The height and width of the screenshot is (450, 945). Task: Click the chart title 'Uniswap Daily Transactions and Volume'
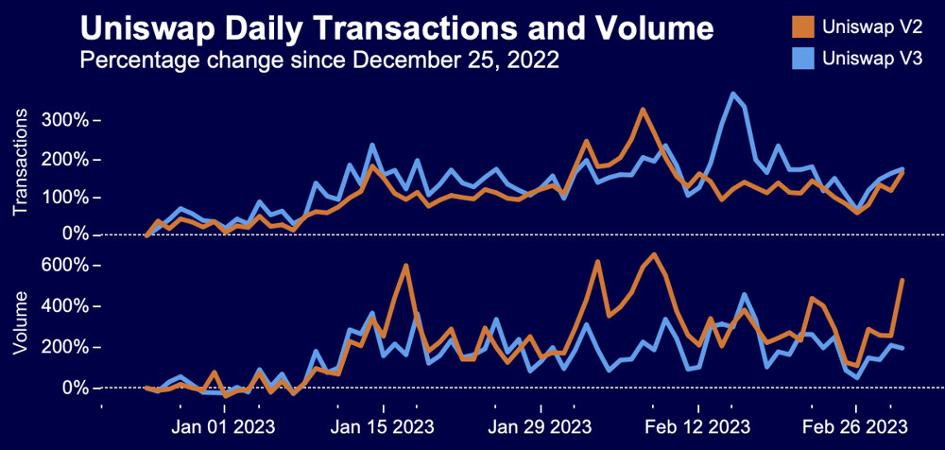click(x=396, y=29)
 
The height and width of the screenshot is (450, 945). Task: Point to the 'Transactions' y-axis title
click(x=22, y=162)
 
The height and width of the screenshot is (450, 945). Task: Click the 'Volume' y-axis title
click(x=22, y=323)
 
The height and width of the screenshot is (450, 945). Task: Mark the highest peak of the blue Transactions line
click(x=732, y=94)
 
